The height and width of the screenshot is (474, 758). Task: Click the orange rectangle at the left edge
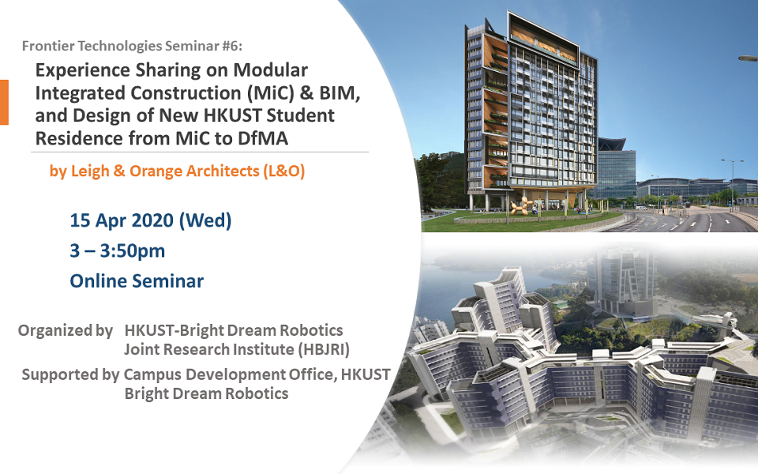[x=4, y=102]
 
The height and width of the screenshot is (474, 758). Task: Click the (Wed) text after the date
[x=205, y=220]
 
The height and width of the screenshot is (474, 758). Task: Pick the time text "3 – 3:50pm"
[x=118, y=250]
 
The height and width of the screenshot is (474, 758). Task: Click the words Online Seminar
[x=137, y=280]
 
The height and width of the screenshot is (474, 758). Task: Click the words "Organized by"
[x=66, y=330]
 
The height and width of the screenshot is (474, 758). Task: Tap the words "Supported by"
[x=70, y=374]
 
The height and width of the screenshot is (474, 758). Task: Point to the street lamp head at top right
[x=748, y=58]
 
